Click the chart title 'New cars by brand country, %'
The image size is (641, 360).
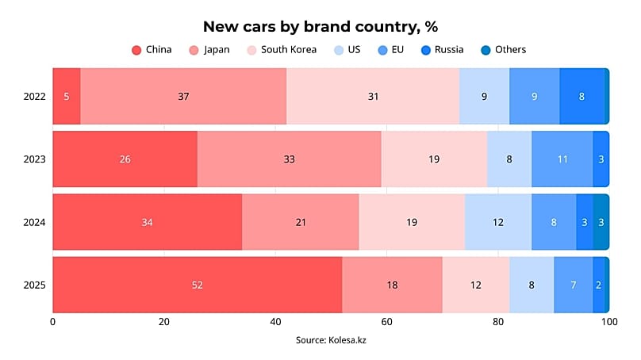(320, 26)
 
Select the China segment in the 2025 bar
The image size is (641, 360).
(197, 285)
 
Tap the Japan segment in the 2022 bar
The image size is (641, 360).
(183, 96)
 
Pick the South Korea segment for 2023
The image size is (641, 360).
(433, 159)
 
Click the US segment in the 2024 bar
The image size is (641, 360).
(497, 222)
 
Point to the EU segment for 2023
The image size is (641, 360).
(562, 159)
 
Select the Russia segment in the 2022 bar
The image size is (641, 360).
(582, 96)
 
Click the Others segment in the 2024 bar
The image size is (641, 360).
(601, 222)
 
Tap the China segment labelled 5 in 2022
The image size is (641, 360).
(67, 96)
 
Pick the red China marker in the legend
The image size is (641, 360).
(136, 50)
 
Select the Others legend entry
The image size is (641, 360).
(510, 50)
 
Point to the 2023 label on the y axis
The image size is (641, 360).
(35, 159)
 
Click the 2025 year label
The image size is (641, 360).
(35, 285)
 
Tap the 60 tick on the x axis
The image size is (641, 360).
(386, 322)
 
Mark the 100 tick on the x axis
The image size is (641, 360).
(608, 322)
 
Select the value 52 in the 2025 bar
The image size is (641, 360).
(197, 285)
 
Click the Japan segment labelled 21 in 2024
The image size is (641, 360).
(301, 222)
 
